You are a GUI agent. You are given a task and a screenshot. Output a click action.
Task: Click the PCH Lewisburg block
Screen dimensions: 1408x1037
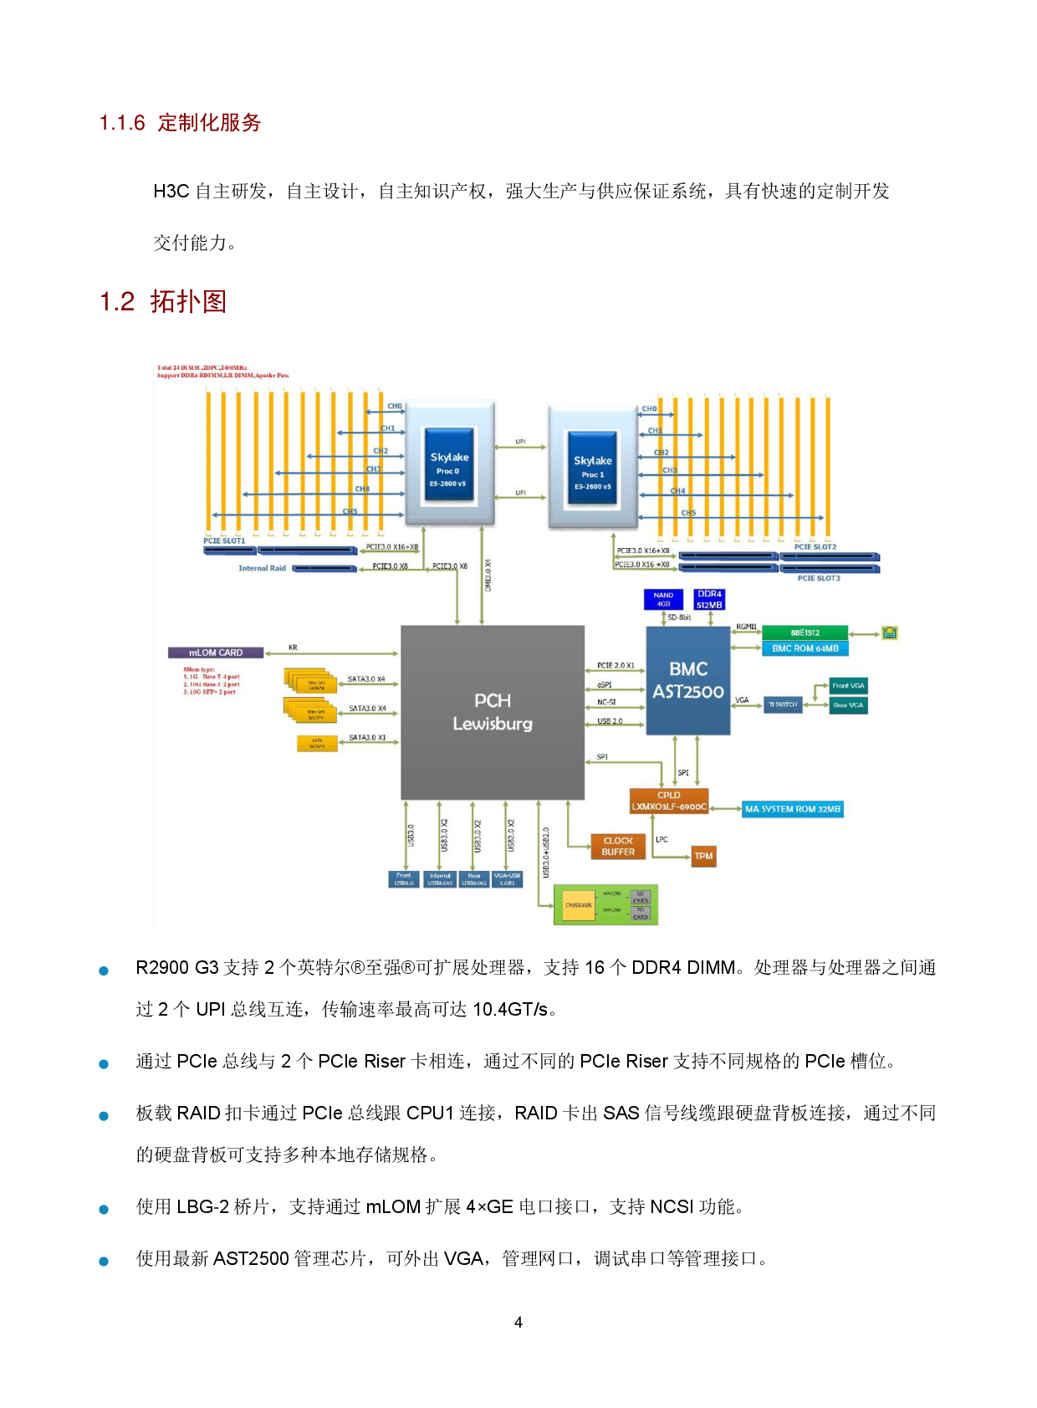click(x=493, y=712)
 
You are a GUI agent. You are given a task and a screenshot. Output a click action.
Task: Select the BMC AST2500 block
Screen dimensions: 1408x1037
click(x=688, y=680)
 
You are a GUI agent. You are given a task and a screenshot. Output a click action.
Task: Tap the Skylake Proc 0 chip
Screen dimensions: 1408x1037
click(x=449, y=463)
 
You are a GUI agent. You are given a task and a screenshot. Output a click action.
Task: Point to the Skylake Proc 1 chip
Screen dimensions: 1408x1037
click(x=592, y=468)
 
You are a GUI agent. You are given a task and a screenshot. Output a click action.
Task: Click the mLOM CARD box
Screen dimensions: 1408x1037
click(x=216, y=653)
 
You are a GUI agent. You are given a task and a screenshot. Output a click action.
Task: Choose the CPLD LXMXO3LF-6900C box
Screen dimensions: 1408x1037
click(x=669, y=801)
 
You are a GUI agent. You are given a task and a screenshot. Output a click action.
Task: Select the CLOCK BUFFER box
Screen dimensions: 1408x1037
click(x=618, y=847)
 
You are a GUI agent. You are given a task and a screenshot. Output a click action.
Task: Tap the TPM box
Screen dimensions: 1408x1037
click(x=703, y=856)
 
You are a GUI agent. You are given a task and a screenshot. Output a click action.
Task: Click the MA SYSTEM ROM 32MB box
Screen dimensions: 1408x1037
click(x=793, y=809)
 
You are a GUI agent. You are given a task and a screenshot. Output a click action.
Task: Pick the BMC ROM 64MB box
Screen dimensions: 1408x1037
click(x=805, y=648)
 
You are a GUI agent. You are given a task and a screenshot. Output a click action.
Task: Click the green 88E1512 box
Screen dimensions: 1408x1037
click(x=805, y=632)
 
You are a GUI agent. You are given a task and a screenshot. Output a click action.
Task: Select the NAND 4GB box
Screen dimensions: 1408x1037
click(x=663, y=599)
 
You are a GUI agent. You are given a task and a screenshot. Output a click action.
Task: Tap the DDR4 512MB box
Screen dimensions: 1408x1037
click(x=709, y=599)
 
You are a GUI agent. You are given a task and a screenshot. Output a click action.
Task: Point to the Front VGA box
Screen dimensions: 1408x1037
click(x=848, y=686)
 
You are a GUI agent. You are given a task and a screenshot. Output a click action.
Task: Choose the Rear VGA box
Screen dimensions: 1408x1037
click(x=848, y=705)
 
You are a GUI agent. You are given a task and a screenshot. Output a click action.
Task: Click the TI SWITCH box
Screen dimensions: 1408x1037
click(x=783, y=704)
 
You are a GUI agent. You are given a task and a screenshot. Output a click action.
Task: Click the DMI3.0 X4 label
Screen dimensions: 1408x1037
click(x=488, y=576)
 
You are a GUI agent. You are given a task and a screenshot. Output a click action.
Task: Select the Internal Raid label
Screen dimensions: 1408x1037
click(x=262, y=568)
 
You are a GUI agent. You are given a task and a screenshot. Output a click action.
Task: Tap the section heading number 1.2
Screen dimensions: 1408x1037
click(x=117, y=302)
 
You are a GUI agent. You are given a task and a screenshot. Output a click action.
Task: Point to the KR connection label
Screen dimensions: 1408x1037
click(x=293, y=648)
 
